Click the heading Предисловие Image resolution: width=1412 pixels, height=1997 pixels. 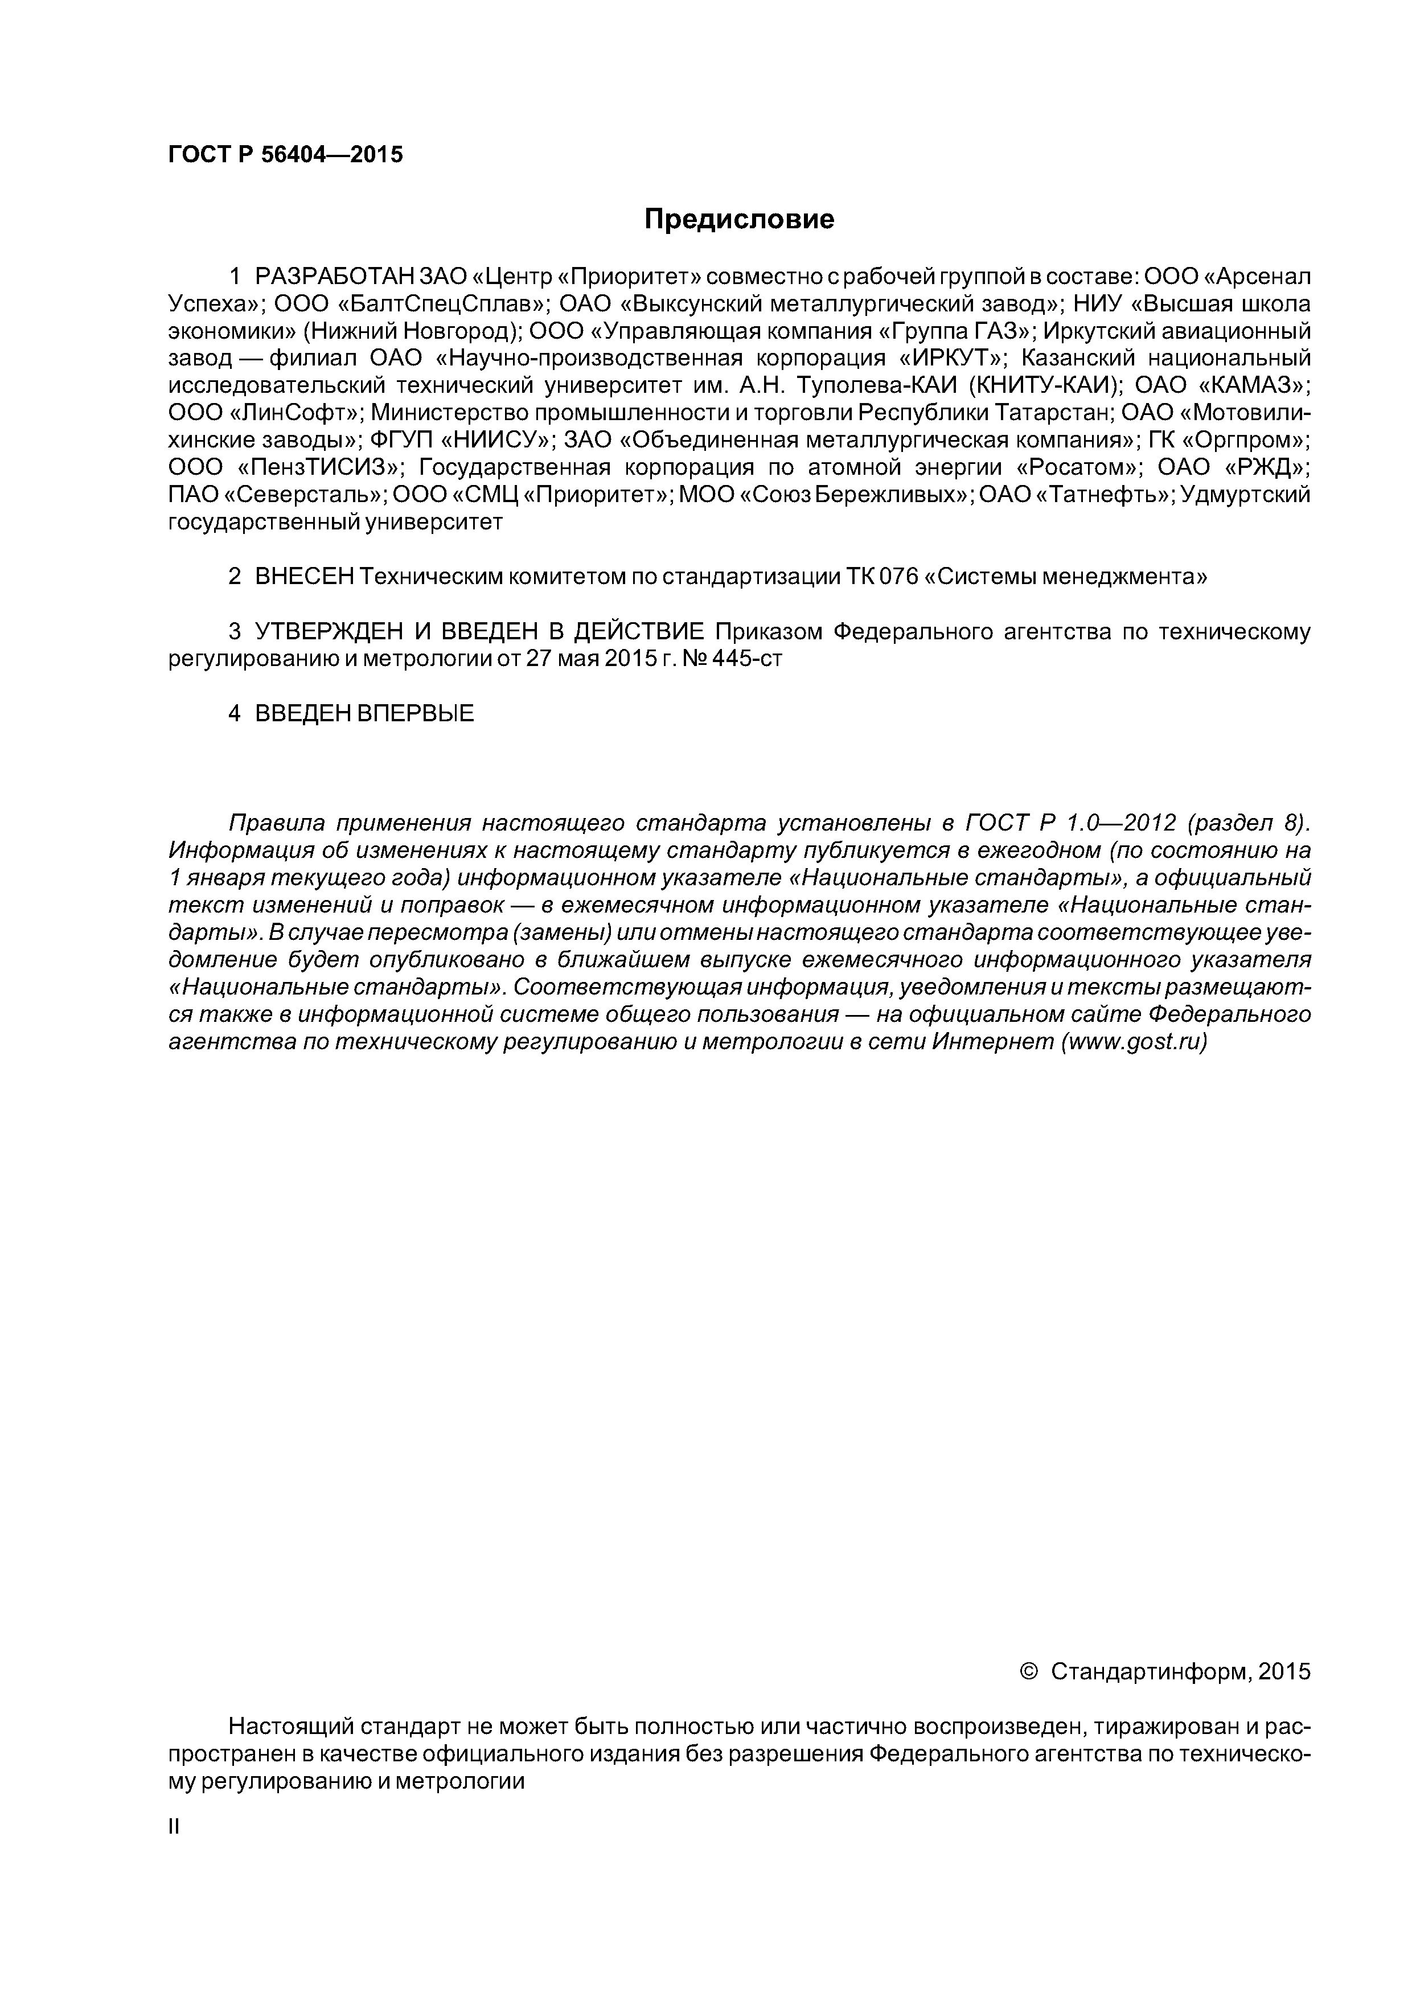pyautogui.click(x=738, y=219)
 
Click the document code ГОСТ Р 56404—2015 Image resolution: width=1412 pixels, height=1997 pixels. pyautogui.click(x=285, y=155)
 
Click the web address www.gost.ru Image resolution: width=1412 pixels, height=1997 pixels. pyautogui.click(x=1133, y=1041)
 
